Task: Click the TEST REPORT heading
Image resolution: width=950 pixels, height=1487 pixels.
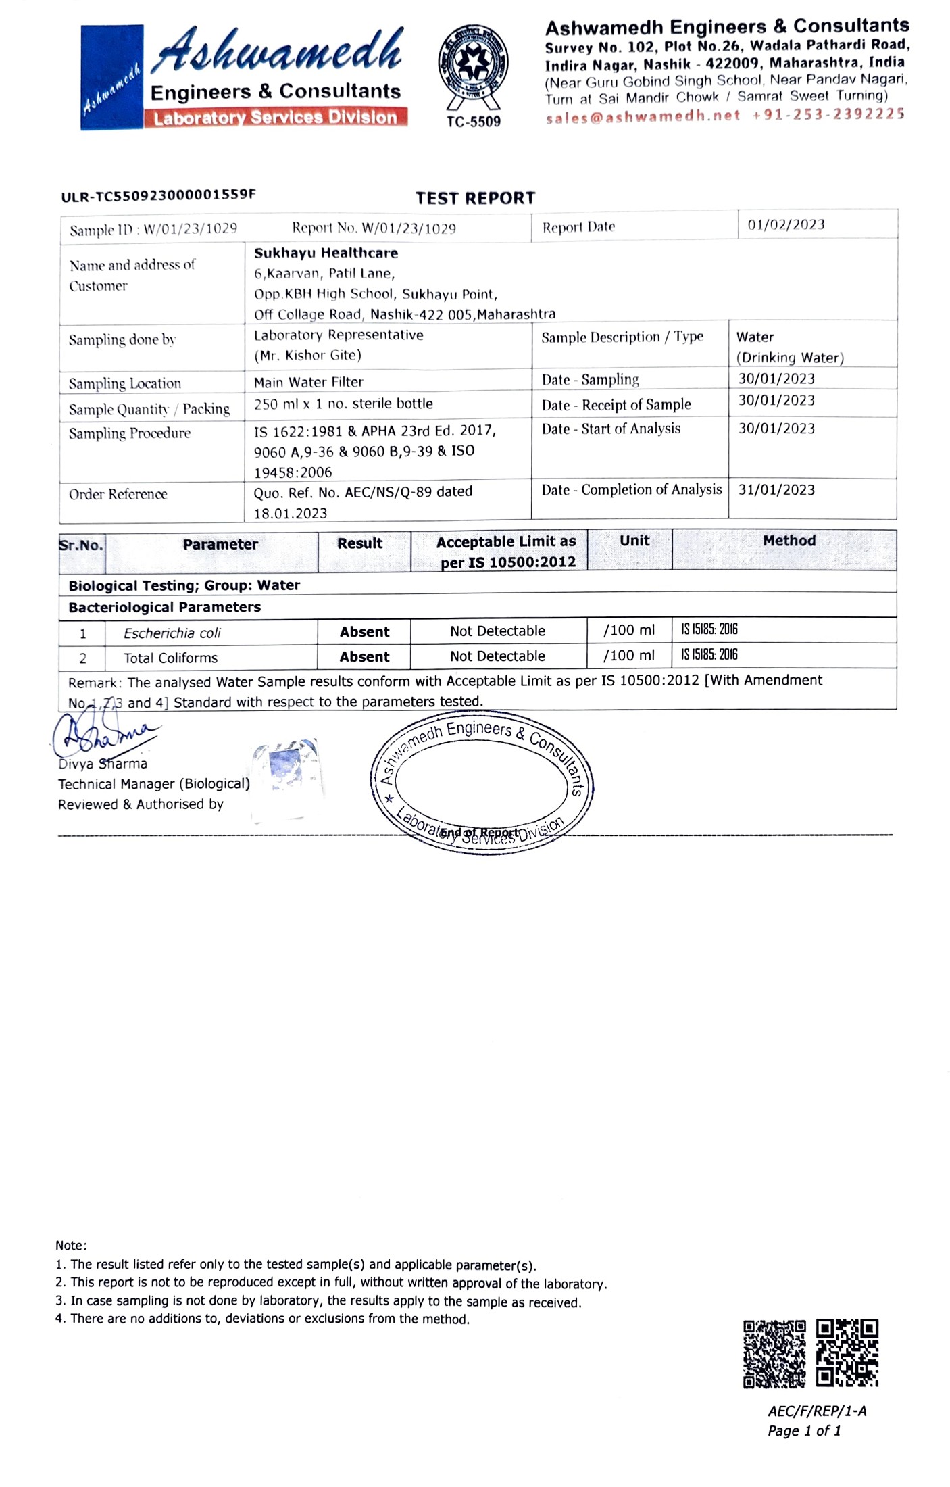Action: [x=475, y=198]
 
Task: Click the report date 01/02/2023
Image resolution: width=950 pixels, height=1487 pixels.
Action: [x=786, y=224]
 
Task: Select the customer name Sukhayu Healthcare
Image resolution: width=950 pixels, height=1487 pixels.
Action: [x=326, y=253]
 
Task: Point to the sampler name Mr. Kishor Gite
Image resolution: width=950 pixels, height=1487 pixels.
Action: [x=307, y=355]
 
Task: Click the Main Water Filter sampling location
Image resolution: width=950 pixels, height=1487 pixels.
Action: [x=308, y=382]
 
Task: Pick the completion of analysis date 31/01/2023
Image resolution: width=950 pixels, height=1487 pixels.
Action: [x=776, y=489]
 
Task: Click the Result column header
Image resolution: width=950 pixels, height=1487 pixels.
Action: [x=359, y=543]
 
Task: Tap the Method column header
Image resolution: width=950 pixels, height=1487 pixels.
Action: [x=789, y=541]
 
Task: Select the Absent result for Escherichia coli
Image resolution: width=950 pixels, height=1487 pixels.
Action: [x=364, y=632]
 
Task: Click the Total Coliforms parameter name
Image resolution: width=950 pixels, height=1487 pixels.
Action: [x=170, y=658]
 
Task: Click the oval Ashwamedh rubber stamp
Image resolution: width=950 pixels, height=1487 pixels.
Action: [x=481, y=782]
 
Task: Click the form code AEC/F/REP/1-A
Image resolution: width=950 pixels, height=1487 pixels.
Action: [x=816, y=1411]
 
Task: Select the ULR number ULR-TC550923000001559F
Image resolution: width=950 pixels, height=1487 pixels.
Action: [x=158, y=195]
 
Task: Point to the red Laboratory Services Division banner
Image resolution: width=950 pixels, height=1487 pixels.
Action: [x=275, y=118]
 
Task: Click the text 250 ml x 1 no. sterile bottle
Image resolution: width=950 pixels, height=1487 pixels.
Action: [x=343, y=404]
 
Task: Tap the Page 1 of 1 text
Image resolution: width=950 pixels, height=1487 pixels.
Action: [x=804, y=1431]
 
